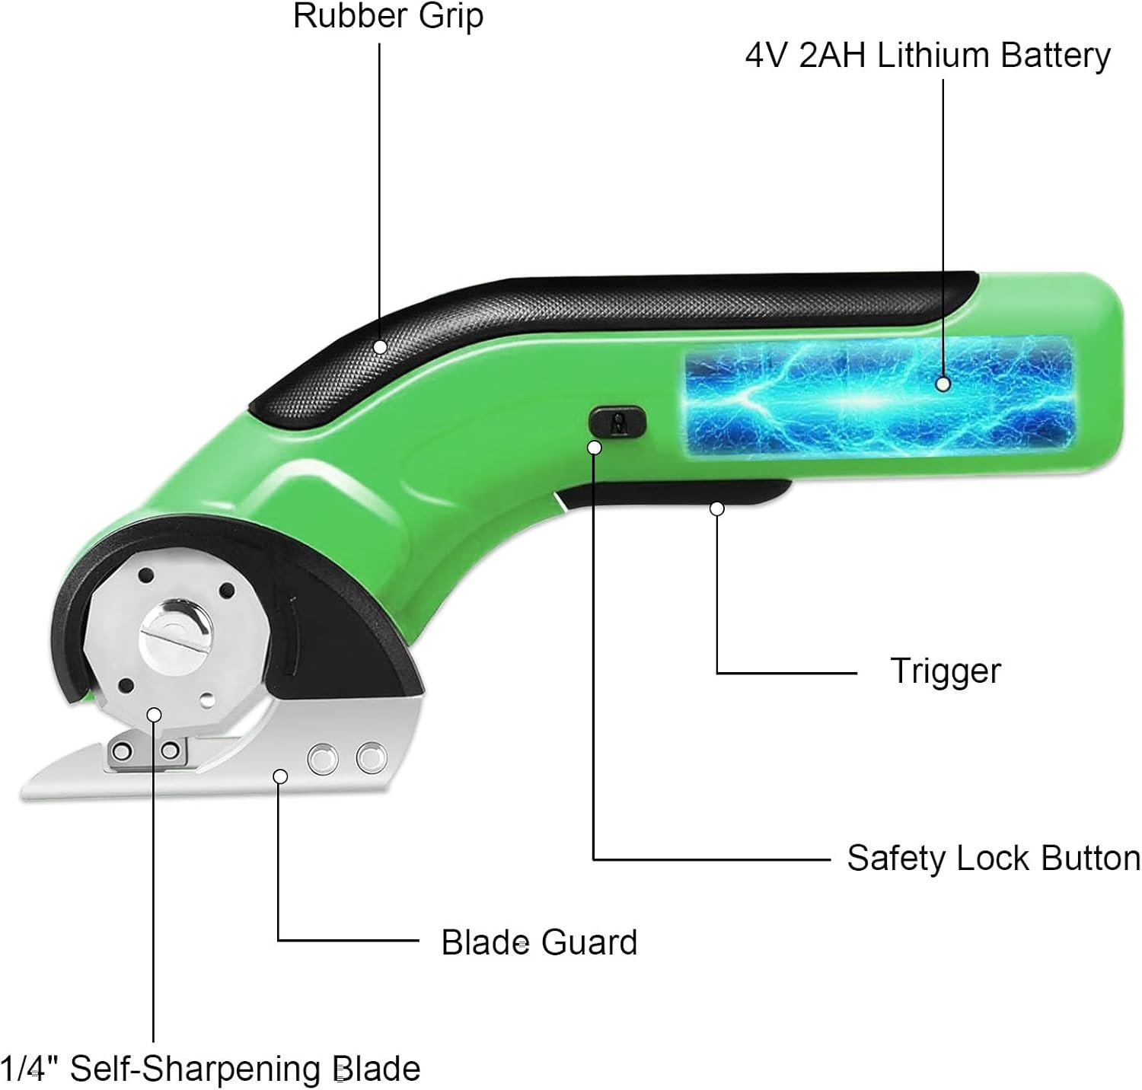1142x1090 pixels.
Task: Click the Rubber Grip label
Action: [388, 17]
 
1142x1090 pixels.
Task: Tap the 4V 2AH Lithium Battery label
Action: [927, 56]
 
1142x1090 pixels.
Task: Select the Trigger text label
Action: [945, 671]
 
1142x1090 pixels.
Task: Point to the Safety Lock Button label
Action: [994, 859]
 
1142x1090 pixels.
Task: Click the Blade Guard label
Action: [539, 942]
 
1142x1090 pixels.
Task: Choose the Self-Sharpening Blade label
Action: [211, 1069]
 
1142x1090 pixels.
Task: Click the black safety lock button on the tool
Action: [617, 421]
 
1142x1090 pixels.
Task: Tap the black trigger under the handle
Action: [678, 493]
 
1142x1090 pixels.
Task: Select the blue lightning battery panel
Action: [879, 396]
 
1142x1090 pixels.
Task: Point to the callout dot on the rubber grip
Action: [380, 347]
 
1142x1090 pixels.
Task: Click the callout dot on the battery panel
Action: [943, 384]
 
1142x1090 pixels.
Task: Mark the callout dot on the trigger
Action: [716, 508]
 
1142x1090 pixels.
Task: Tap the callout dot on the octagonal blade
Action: [155, 715]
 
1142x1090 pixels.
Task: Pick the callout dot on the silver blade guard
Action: [280, 776]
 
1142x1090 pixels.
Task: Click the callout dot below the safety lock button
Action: [595, 448]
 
